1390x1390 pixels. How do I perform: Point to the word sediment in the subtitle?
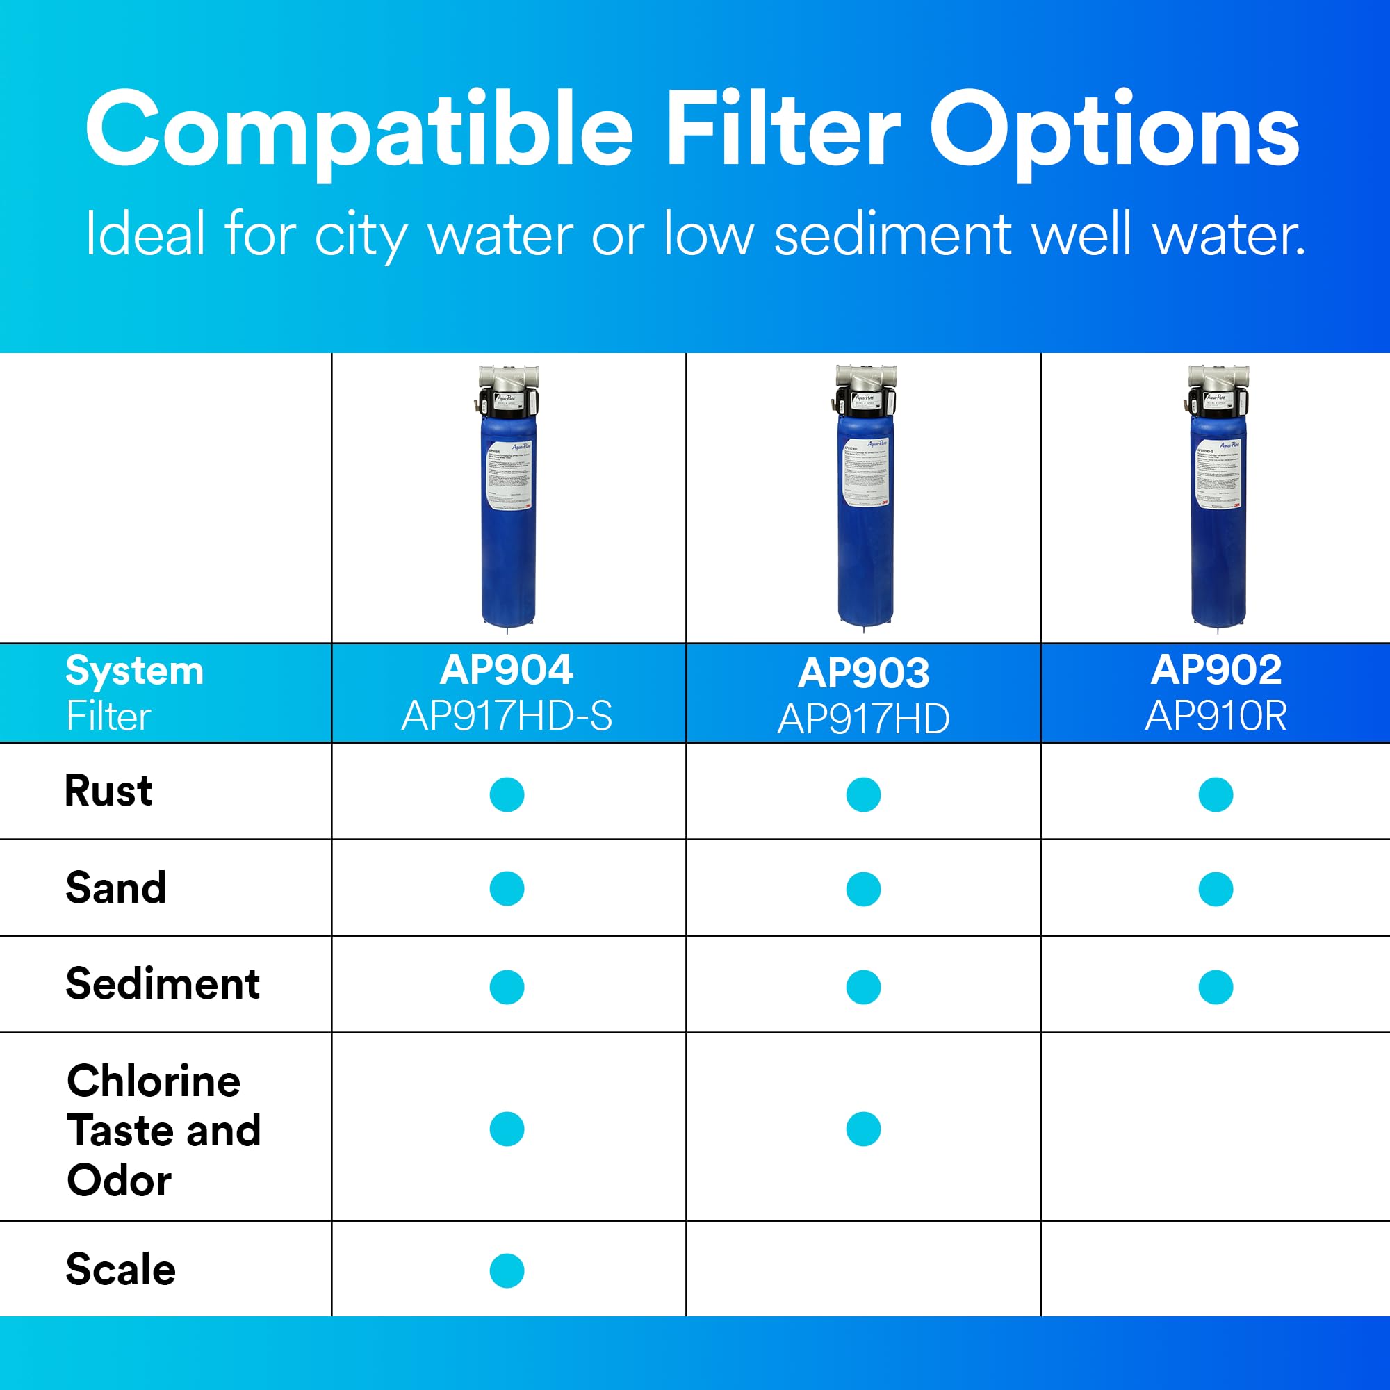click(892, 234)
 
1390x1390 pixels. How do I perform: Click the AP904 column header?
click(507, 670)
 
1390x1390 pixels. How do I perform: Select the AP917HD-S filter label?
click(507, 717)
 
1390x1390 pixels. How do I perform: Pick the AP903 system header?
click(863, 673)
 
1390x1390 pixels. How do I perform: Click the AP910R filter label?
click(1216, 717)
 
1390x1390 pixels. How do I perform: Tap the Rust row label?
click(108, 791)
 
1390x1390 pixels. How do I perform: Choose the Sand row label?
click(116, 887)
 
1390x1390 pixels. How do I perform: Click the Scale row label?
click(121, 1269)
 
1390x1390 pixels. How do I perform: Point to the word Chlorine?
click(153, 1081)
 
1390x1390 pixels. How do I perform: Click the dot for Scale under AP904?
click(507, 1270)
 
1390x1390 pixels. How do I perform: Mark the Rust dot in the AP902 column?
click(1216, 794)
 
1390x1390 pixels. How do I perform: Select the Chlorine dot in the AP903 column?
click(863, 1129)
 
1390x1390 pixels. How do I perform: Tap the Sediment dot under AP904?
click(507, 987)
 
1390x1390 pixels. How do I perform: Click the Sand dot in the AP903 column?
click(863, 890)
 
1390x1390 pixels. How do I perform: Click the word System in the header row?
click(135, 671)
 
